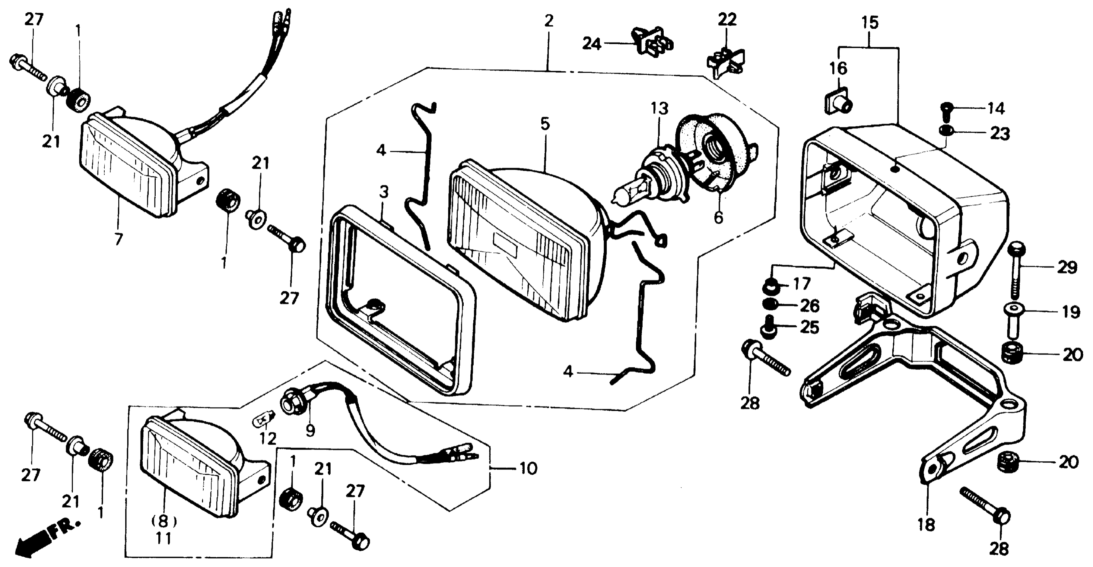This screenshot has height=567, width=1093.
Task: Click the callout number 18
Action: coord(927,525)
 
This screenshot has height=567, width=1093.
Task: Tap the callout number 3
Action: coord(384,192)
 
